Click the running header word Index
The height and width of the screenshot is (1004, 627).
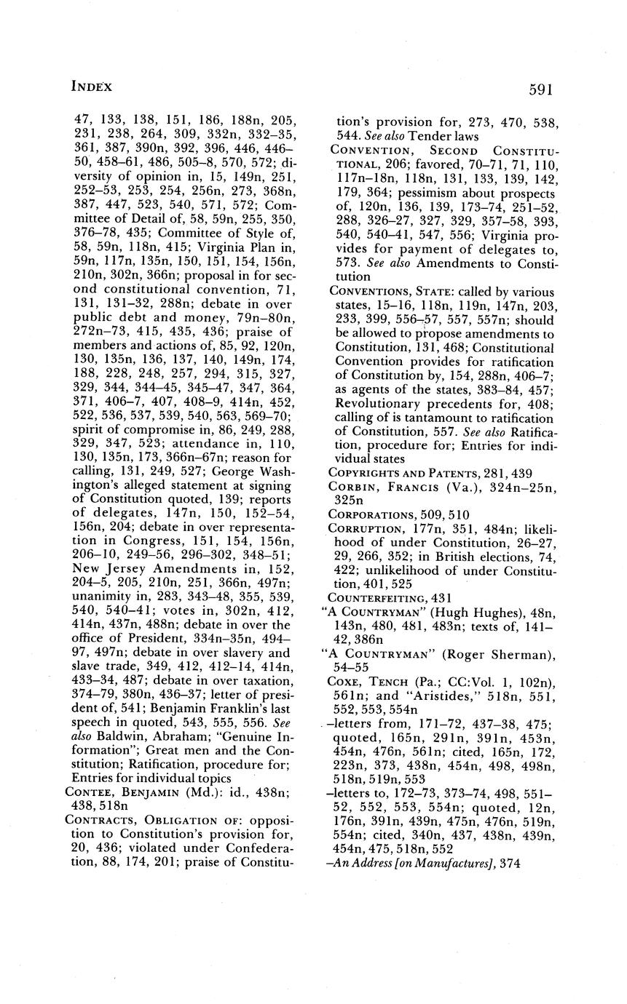click(x=92, y=87)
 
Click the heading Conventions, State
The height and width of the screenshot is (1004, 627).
click(x=390, y=292)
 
